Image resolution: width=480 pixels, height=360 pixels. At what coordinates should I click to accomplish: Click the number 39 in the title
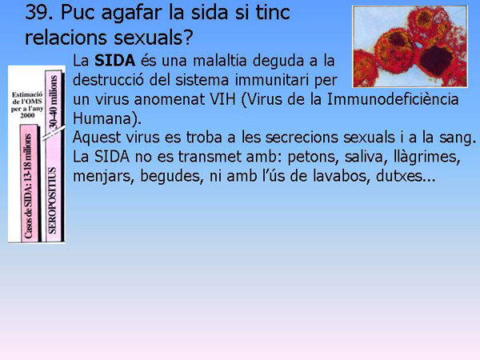tap(38, 13)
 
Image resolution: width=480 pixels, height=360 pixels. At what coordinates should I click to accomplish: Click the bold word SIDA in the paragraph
tap(114, 62)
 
